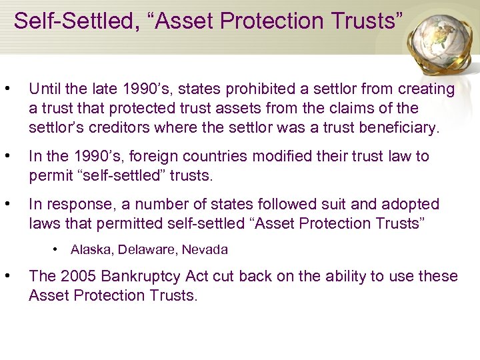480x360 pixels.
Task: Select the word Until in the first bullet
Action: [45, 89]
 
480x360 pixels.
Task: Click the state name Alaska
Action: [92, 250]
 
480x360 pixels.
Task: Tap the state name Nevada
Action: [205, 250]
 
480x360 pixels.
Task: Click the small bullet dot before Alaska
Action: [57, 250]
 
